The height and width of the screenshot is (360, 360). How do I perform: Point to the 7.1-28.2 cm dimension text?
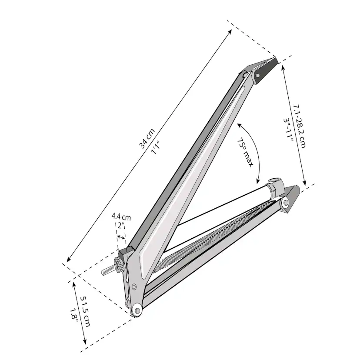tap(299, 126)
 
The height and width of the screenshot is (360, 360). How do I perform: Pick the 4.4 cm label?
tap(121, 216)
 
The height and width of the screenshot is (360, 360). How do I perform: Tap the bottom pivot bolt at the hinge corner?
tap(137, 309)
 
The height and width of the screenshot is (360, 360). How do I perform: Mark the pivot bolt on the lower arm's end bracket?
tap(286, 203)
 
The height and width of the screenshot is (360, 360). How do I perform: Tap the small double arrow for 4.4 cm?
tap(121, 237)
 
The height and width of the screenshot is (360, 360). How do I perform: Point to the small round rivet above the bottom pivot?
tap(134, 286)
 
